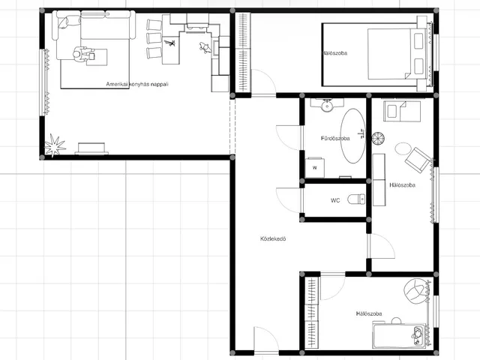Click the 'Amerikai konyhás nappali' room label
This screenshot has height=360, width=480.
[137, 84]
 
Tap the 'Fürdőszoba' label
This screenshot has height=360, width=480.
[335, 138]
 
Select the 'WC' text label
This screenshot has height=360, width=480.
[335, 200]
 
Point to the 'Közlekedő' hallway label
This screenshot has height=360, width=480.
[273, 238]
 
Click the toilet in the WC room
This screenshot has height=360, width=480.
[356, 199]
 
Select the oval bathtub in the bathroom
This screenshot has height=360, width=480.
[353, 136]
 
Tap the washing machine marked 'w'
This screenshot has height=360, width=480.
[315, 167]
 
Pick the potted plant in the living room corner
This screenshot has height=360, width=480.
[55, 145]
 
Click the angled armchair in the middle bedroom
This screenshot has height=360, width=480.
[418, 160]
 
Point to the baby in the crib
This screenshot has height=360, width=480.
[417, 335]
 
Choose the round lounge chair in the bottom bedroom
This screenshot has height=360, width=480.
[415, 291]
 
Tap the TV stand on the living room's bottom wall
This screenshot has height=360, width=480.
[91, 148]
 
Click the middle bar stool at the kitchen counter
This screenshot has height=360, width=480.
[154, 38]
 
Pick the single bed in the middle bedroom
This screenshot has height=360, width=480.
[402, 111]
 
